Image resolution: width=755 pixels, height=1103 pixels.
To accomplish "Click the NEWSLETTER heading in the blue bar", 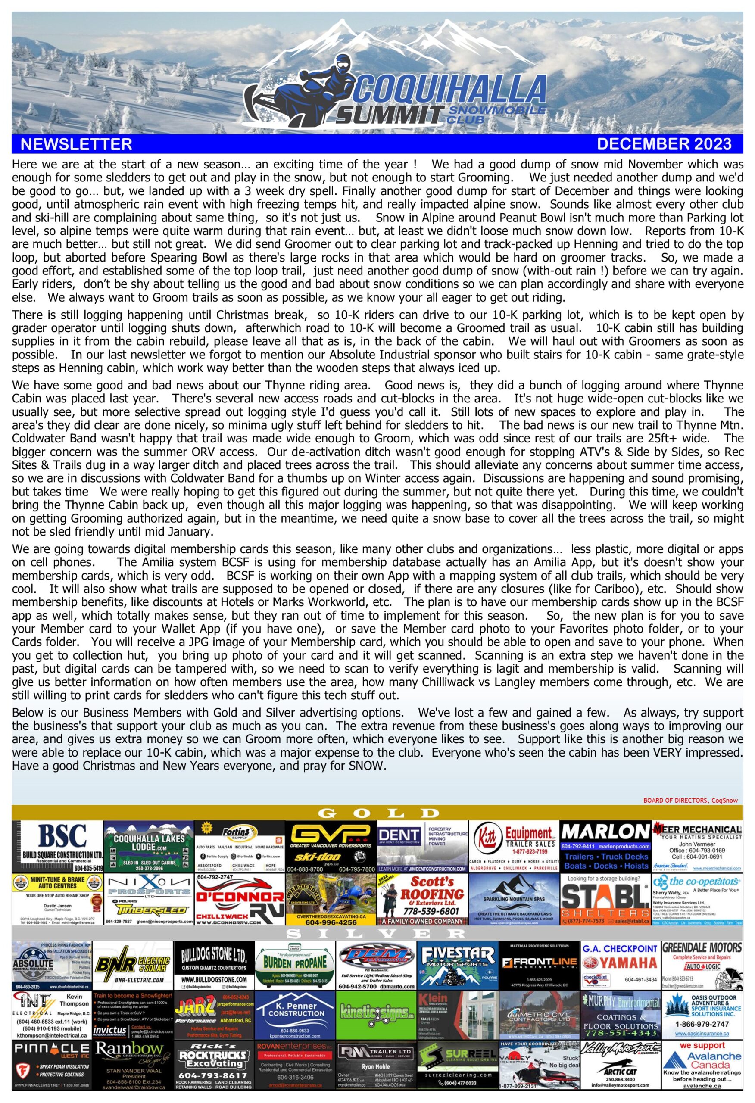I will [76, 144].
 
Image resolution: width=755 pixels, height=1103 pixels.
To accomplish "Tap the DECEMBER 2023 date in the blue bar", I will [664, 144].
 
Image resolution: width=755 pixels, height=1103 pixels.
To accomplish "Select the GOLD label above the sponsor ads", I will [377, 813].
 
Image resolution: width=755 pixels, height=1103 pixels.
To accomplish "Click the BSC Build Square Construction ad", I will [57, 847].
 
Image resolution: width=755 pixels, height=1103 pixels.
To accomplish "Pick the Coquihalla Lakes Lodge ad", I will [148, 847].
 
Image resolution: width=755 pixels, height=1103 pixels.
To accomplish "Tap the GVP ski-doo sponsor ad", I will [331, 847].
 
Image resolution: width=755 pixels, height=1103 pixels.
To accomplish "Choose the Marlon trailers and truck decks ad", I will [605, 847].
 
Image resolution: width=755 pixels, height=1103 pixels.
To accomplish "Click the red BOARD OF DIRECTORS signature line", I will [690, 801].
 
